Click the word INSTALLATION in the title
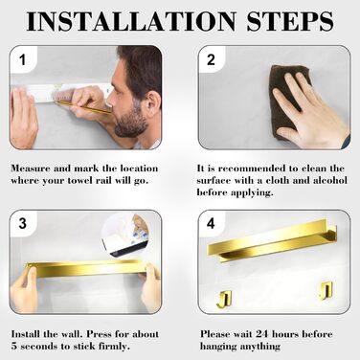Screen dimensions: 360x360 click(x=131, y=21)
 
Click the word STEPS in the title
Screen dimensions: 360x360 click(x=290, y=21)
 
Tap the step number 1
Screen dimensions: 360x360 click(x=22, y=60)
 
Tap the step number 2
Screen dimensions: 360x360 click(x=211, y=60)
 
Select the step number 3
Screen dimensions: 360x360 click(x=22, y=223)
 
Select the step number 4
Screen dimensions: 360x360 click(x=211, y=223)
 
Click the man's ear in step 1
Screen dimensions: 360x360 click(x=152, y=103)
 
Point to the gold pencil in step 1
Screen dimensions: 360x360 click(x=84, y=107)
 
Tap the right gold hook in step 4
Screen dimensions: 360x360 click(x=326, y=291)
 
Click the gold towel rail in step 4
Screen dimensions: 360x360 click(x=272, y=240)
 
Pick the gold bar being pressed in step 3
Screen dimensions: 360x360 click(x=87, y=269)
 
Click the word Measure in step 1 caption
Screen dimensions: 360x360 click(x=31, y=169)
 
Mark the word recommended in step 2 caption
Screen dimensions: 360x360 click(x=252, y=169)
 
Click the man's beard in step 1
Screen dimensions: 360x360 click(x=131, y=123)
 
